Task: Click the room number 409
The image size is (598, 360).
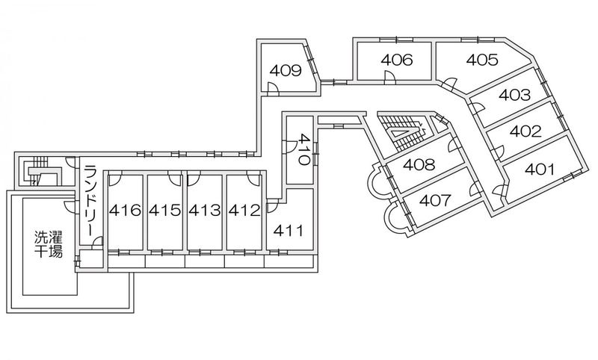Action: coord(286,70)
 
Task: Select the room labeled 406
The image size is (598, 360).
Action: coord(397,60)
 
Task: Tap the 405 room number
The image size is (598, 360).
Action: coord(482,60)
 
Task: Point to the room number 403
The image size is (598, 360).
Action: coord(514,94)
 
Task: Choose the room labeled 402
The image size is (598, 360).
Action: coord(525,131)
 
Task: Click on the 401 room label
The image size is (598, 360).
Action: coord(540,169)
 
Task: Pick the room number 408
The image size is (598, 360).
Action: coord(419,164)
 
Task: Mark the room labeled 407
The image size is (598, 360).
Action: coord(435,200)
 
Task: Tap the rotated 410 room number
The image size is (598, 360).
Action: coord(304,149)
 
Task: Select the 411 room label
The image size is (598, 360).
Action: coord(289,231)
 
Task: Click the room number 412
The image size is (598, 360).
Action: coord(244,210)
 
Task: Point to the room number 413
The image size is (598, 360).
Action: coord(204,210)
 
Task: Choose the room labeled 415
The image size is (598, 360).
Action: coord(164,210)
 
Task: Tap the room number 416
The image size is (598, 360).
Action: coord(125,210)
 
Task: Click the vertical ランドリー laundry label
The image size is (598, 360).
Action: coord(90,201)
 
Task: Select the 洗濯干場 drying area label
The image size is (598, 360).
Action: coord(49,244)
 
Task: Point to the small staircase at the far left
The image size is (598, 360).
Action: coord(38,172)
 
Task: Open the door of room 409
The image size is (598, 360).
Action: coord(273,89)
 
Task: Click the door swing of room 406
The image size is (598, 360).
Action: coord(389,78)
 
